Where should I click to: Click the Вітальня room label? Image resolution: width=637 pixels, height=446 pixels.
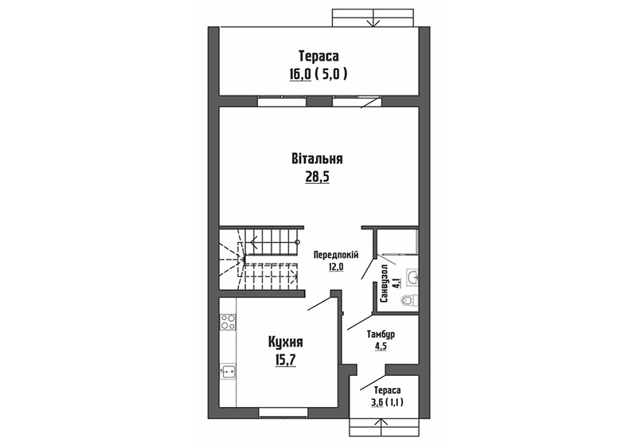point(317,158)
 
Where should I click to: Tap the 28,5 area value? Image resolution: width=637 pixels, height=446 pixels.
point(317,177)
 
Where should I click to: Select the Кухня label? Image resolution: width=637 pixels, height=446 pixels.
point(285,342)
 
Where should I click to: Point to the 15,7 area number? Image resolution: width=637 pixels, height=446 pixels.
point(285,360)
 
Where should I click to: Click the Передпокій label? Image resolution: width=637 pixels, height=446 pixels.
point(335,255)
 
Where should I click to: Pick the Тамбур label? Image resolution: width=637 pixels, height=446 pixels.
point(381,334)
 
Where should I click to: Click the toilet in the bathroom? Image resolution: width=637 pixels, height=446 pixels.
point(408,300)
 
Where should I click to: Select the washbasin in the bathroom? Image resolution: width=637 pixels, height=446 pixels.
point(412,276)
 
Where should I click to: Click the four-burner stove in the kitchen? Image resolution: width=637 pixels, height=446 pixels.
point(227,322)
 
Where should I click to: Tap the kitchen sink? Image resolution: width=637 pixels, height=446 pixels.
point(227,370)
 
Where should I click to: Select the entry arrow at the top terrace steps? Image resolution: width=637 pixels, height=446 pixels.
point(373,22)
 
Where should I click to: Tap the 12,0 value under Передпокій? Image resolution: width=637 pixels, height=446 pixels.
point(335,267)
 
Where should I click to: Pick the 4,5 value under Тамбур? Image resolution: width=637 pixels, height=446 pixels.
point(381,346)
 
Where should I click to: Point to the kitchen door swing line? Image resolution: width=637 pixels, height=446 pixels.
point(320,303)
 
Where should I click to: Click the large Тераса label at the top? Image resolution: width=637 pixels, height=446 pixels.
point(319,55)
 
